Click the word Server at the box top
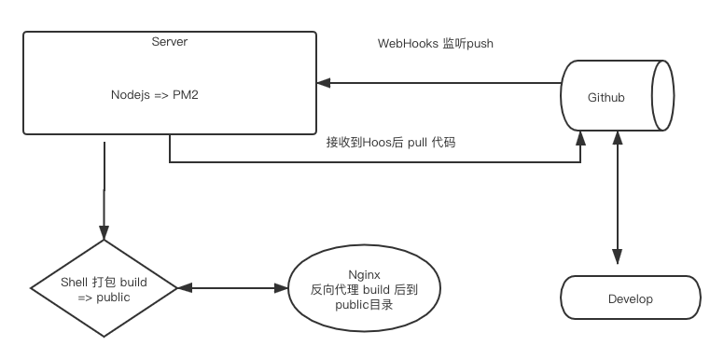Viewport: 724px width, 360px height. point(170,41)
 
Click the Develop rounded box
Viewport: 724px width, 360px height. point(630,299)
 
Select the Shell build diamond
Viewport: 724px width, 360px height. point(103,289)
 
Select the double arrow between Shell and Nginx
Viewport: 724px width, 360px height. point(233,289)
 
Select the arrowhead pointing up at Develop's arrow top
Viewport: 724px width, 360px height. point(615,138)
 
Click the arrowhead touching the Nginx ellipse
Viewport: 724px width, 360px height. point(283,289)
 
